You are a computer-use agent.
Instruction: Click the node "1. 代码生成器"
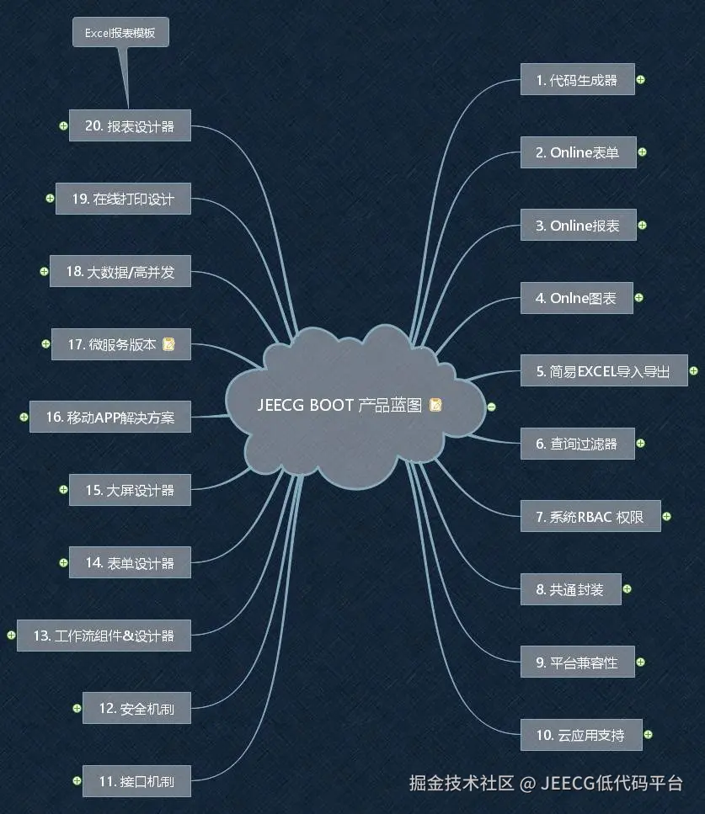pos(577,80)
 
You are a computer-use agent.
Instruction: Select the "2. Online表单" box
pos(577,153)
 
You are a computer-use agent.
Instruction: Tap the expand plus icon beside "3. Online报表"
pos(643,226)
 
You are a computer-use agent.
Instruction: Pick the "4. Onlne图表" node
pos(576,298)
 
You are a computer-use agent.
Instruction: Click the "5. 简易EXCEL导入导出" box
pos(603,371)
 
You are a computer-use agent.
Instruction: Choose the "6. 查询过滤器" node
pos(576,444)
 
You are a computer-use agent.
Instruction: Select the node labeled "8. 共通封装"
pos(570,590)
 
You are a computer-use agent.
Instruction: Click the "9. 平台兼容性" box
pos(577,662)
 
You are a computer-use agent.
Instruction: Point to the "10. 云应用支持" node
pos(581,736)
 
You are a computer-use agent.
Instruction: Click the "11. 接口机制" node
pos(136,781)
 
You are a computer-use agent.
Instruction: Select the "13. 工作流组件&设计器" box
pos(104,636)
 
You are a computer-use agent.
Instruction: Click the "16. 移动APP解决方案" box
pos(110,417)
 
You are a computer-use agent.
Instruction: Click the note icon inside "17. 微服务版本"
pos(168,344)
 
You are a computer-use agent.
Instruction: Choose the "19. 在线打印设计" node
pos(123,199)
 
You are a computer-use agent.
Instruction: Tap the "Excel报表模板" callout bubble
pos(120,34)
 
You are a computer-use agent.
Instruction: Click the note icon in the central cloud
pos(435,405)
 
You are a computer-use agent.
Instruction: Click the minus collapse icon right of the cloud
pos(492,407)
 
